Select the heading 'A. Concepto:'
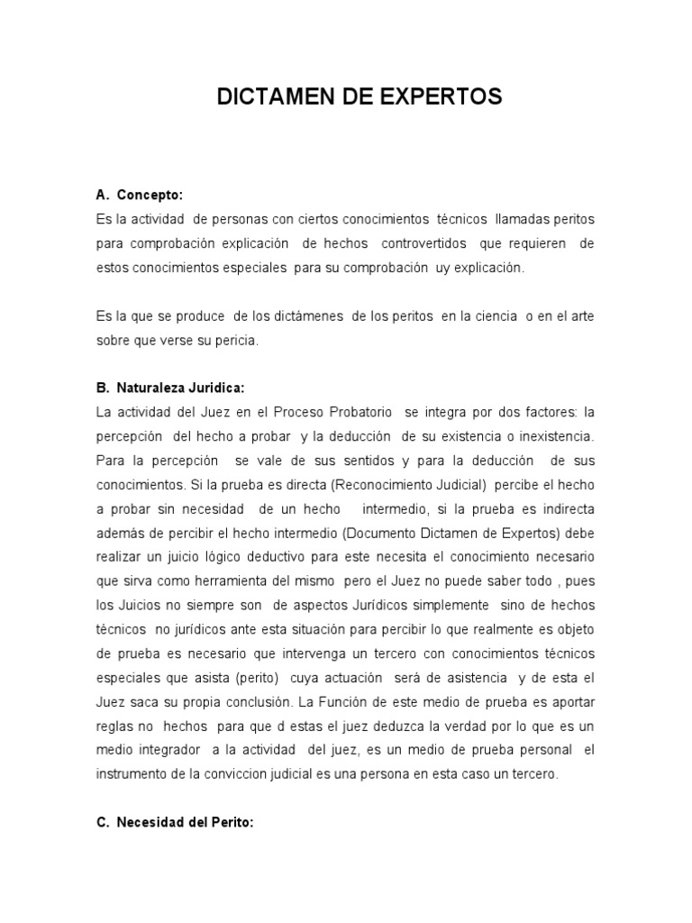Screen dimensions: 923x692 [139, 195]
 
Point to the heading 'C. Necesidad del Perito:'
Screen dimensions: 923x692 [175, 823]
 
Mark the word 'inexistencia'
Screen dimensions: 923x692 [554, 436]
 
